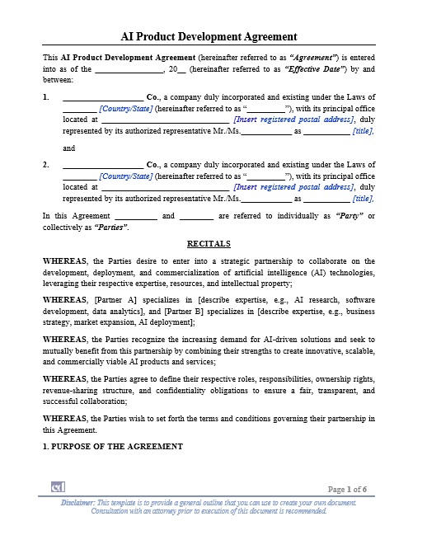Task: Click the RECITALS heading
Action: [x=209, y=244]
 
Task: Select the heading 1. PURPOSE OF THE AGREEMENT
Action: [x=113, y=446]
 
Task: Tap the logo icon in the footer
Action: [x=58, y=487]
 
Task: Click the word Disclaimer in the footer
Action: [x=78, y=502]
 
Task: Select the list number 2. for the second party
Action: [x=46, y=165]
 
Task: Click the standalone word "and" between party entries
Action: [x=69, y=148]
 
